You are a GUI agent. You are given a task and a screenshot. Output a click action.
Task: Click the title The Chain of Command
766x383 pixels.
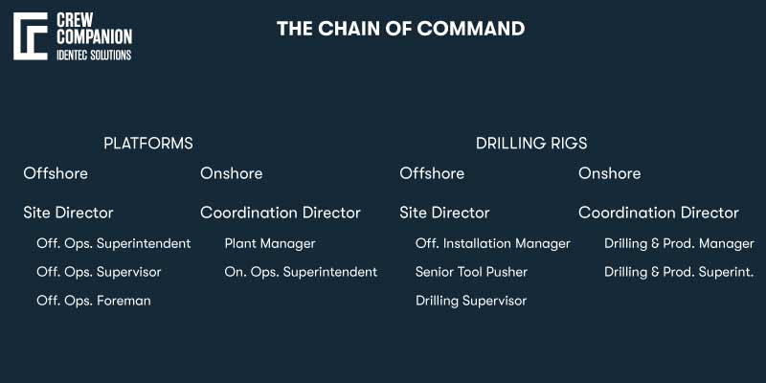(x=400, y=29)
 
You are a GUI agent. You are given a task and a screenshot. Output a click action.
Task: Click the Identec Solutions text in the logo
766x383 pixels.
(x=95, y=55)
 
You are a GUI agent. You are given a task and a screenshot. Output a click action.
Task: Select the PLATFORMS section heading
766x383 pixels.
(x=148, y=144)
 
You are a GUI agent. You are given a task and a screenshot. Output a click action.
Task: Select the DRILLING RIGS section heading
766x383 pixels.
(x=531, y=144)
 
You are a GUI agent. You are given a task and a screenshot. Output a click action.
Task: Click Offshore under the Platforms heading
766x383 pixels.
(x=56, y=173)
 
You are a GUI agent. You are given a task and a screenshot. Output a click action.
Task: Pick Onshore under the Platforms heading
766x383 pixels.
(x=231, y=173)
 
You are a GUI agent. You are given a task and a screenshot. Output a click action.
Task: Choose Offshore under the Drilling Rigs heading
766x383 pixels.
(x=432, y=173)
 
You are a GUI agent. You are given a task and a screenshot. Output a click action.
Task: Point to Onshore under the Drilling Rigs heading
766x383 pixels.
(x=609, y=173)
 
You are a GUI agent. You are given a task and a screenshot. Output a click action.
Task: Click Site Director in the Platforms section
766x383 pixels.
(x=68, y=213)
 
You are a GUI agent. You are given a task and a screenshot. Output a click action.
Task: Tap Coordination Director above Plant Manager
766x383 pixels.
(x=281, y=213)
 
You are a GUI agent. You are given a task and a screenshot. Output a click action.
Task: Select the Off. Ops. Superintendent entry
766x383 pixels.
(x=113, y=243)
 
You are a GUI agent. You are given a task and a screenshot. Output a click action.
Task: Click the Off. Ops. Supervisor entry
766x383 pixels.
(x=99, y=272)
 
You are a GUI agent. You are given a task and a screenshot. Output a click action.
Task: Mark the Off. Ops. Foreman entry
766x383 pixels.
(x=94, y=301)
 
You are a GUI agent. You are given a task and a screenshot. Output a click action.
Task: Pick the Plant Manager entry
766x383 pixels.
(x=270, y=243)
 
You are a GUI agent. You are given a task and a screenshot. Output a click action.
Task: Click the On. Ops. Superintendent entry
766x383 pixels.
(x=301, y=272)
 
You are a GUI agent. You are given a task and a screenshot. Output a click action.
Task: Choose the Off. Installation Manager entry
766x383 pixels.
(x=492, y=243)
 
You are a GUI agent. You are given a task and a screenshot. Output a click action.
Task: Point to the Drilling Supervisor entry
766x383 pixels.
(x=471, y=301)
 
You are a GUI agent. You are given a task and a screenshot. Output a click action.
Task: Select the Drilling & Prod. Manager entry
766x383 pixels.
(x=679, y=243)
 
